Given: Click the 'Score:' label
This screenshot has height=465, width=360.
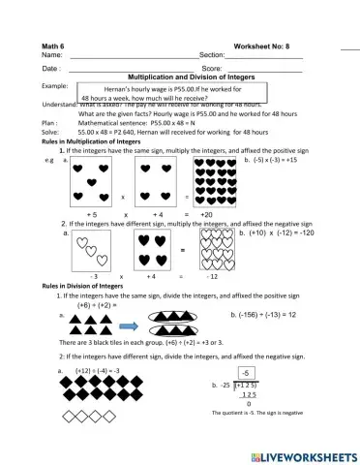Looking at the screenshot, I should click(213, 69).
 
